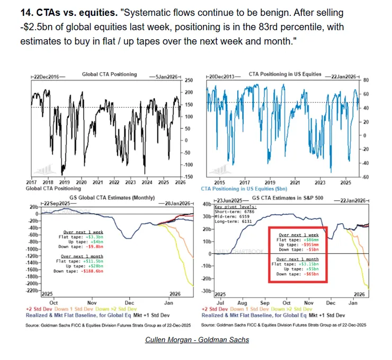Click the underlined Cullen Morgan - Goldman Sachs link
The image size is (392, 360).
pos(197,339)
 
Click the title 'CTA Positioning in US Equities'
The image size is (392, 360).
pos(284,74)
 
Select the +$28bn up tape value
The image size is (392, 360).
pos(92,266)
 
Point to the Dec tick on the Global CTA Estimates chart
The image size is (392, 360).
pos(129,298)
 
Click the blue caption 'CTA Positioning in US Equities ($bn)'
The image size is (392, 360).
pos(247,188)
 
